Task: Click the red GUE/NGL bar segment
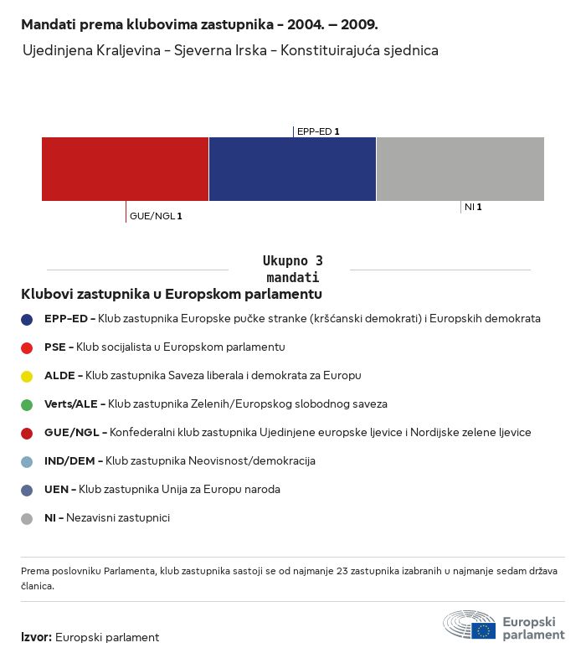[125, 169]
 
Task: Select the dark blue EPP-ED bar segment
[292, 169]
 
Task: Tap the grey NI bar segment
[460, 169]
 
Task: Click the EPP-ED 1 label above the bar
[318, 131]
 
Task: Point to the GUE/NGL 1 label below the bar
[156, 216]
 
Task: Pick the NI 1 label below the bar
[473, 206]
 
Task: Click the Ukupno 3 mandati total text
[292, 269]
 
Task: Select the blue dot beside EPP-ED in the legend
[27, 319]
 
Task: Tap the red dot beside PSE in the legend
[27, 347]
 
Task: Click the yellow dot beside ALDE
[27, 376]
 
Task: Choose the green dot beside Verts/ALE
[27, 404]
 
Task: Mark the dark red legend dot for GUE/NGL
[27, 433]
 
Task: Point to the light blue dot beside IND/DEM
[27, 461]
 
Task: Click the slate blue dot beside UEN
[27, 490]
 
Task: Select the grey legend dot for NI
[27, 518]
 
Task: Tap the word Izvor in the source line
[36, 637]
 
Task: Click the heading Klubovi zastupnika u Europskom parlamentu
[172, 294]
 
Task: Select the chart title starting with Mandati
[199, 24]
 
